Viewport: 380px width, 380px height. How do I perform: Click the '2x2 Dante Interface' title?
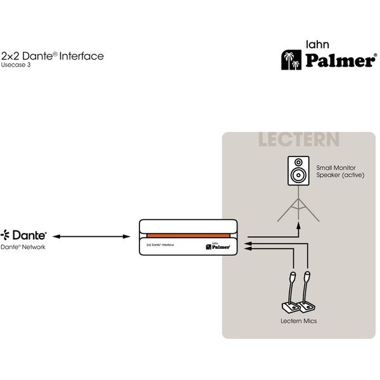pyautogui.click(x=52, y=56)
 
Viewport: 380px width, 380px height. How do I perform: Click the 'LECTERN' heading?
pyautogui.click(x=298, y=139)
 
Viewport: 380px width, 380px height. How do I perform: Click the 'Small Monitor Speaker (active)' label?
pyautogui.click(x=339, y=171)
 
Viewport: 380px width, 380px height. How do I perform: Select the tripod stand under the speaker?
pyautogui.click(x=297, y=206)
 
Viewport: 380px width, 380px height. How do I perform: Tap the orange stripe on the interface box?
pyautogui.click(x=188, y=236)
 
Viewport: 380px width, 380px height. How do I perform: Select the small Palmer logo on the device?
pyautogui.click(x=217, y=246)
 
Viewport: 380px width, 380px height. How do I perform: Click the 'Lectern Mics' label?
pyautogui.click(x=298, y=321)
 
